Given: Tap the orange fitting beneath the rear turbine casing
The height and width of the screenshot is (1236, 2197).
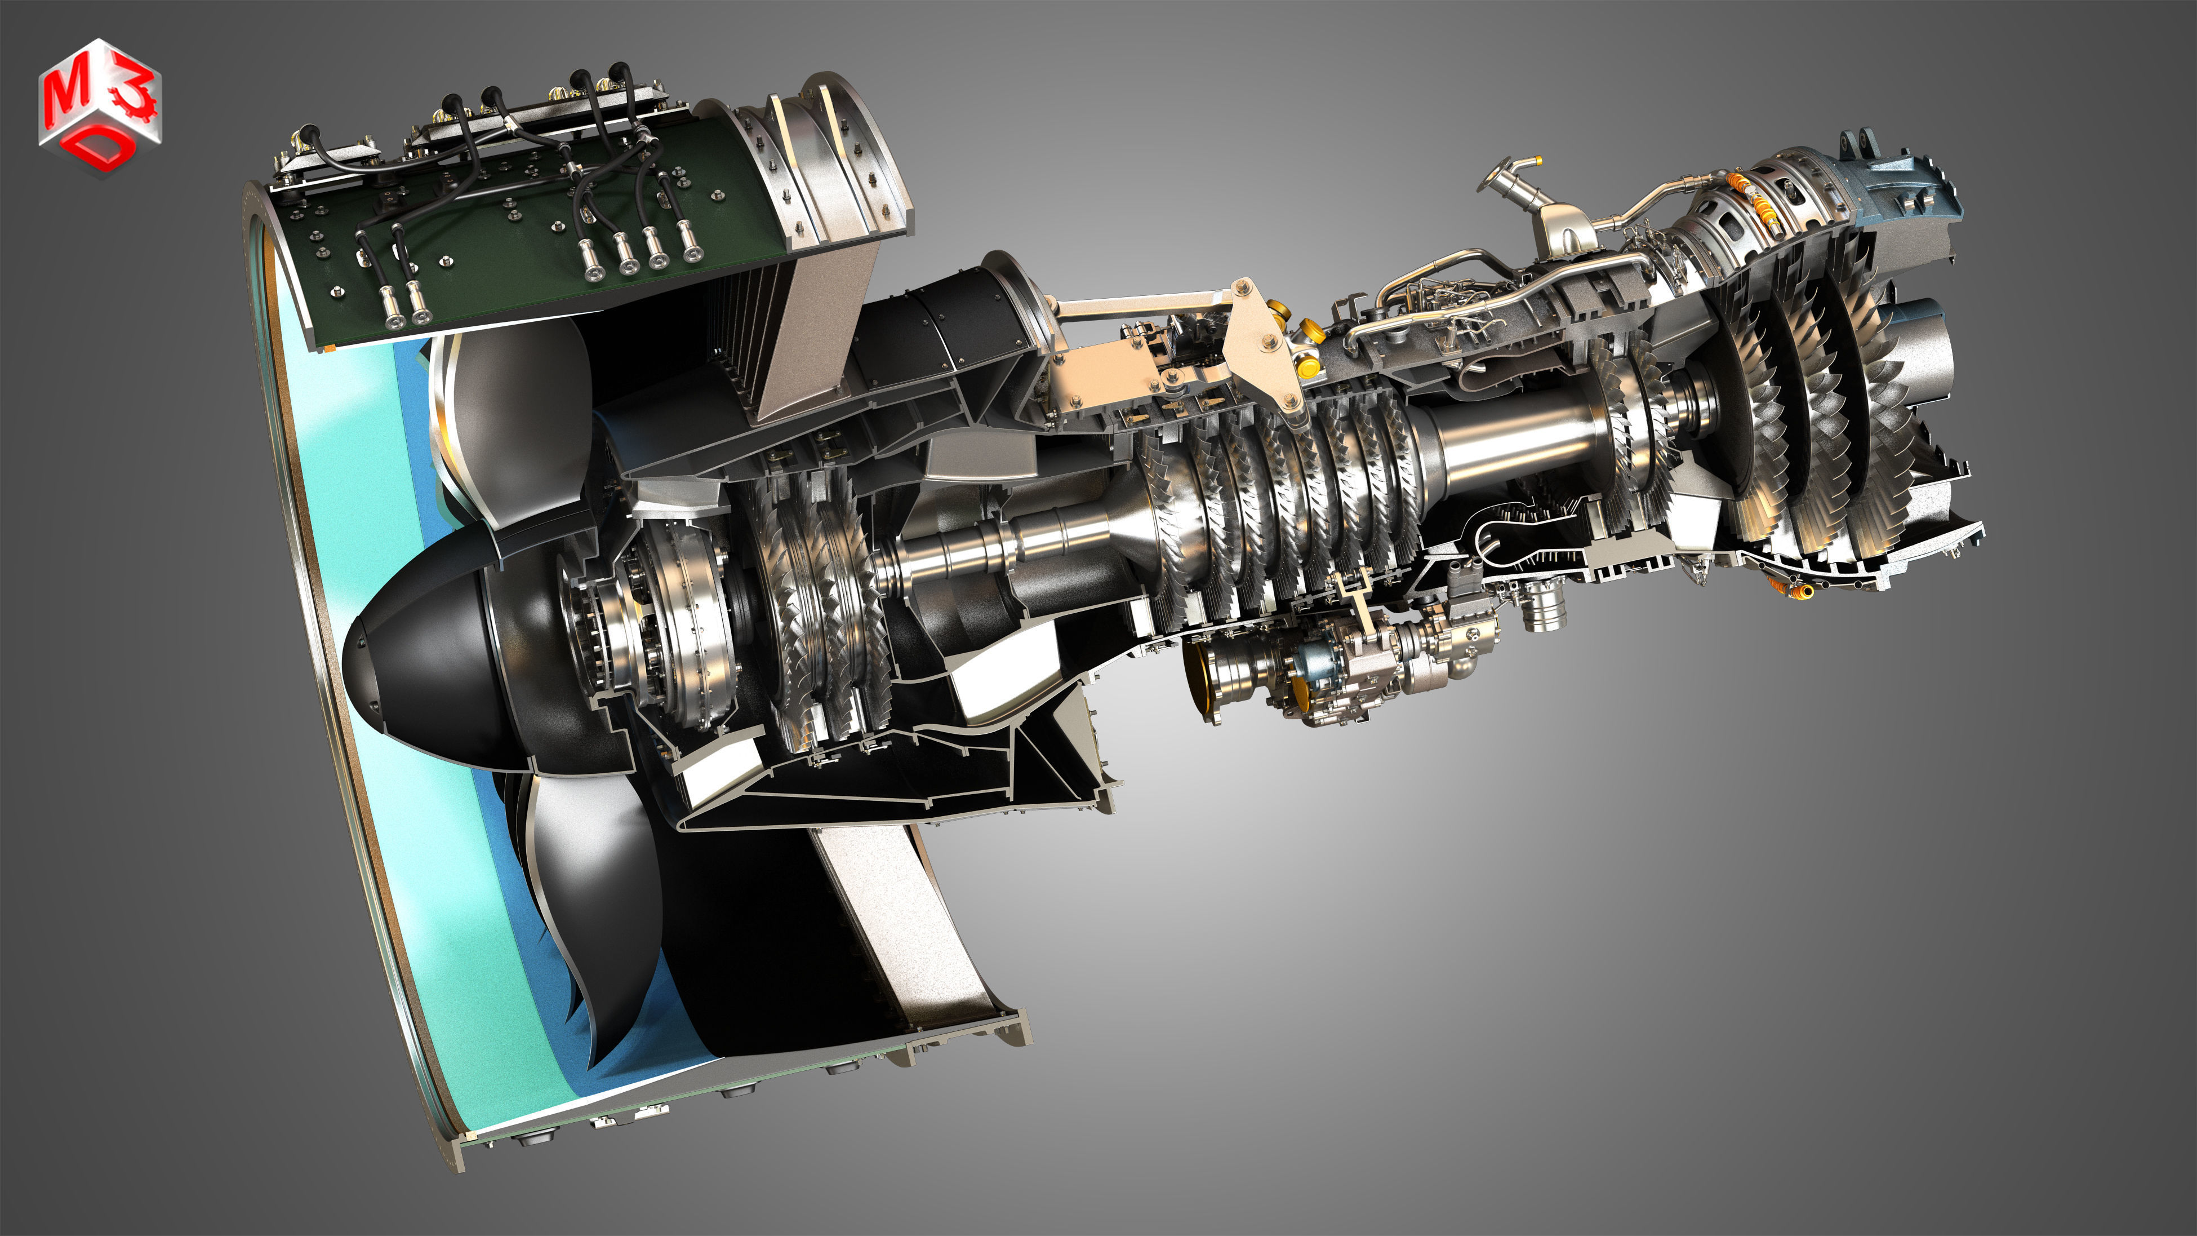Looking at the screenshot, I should pyautogui.click(x=1791, y=588).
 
